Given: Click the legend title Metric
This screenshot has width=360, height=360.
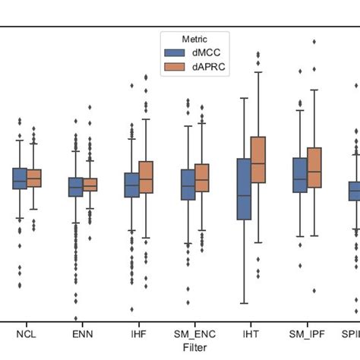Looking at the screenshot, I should pyautogui.click(x=194, y=39).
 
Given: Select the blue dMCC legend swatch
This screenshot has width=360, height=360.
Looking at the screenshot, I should pyautogui.click(x=174, y=52).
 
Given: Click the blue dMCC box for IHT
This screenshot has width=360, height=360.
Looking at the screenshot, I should pyautogui.click(x=244, y=189).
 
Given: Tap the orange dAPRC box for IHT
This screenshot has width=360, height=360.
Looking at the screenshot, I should pyautogui.click(x=258, y=159).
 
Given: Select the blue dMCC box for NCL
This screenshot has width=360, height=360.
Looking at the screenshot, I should pyautogui.click(x=20, y=178).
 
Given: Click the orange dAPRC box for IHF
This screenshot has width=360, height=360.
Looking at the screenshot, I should pyautogui.click(x=146, y=177).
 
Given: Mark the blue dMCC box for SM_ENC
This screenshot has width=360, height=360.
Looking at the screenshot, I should pyautogui.click(x=188, y=185).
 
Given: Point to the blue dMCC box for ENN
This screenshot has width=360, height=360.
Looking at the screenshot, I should pyautogui.click(x=76, y=187).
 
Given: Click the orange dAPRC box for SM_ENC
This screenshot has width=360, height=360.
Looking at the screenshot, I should pyautogui.click(x=202, y=177).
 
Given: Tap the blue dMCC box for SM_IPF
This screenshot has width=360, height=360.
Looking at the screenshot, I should pyautogui.click(x=300, y=175).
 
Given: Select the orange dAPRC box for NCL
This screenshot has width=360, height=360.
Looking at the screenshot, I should pyautogui.click(x=34, y=178).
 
